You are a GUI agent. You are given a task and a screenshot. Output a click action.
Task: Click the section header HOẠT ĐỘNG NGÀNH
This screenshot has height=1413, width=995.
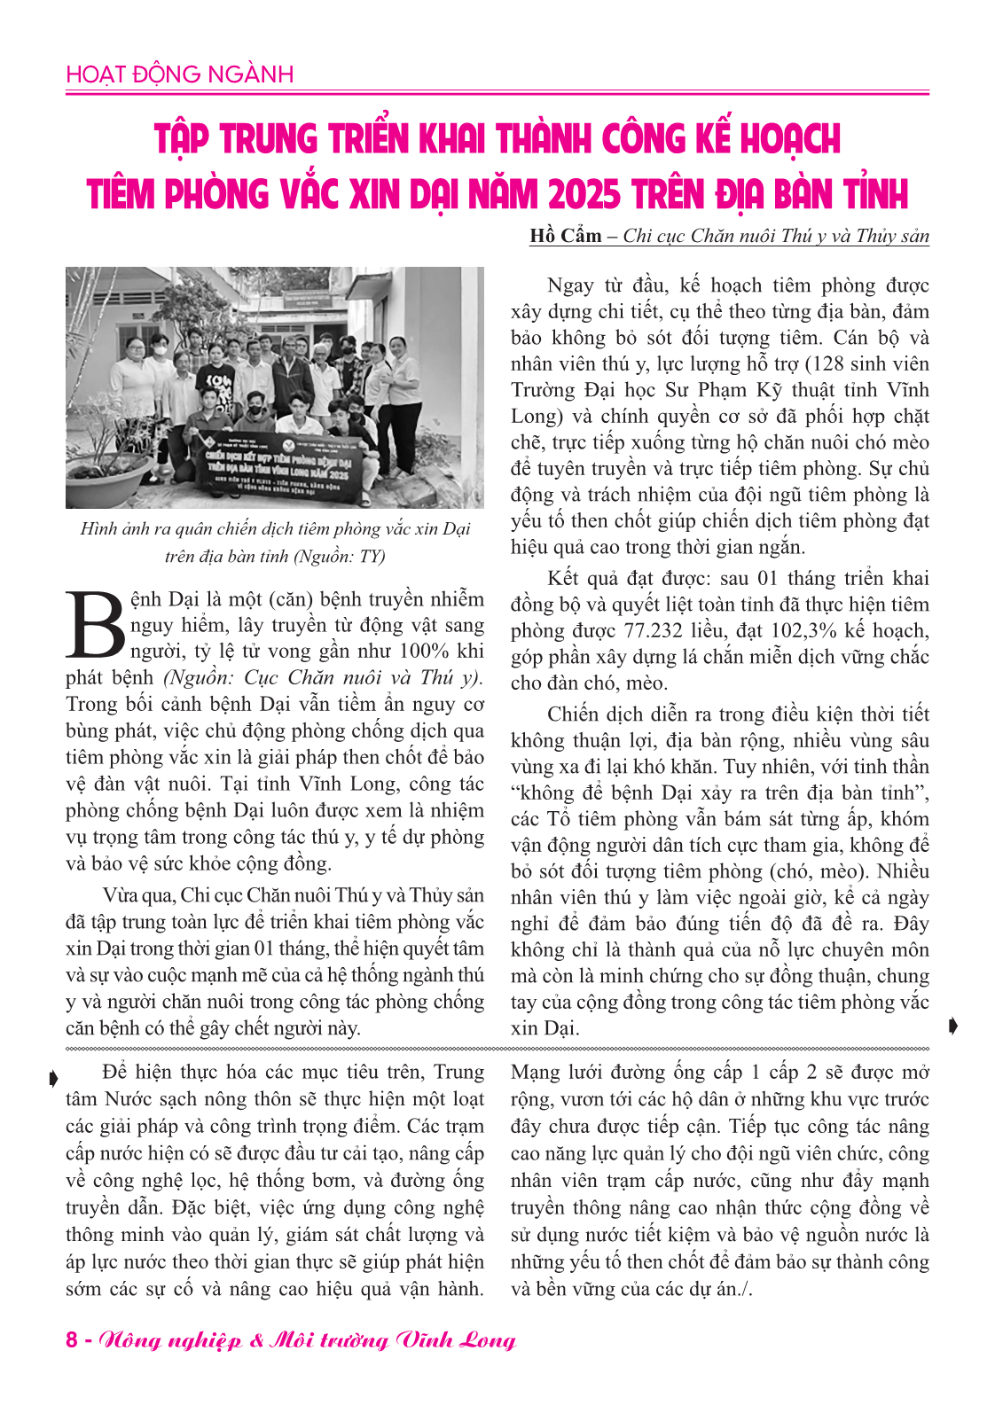click(179, 74)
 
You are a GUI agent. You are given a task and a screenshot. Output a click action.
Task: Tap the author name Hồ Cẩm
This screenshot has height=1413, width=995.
click(565, 236)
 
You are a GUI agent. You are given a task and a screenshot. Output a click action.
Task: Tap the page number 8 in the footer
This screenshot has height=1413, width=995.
click(72, 1339)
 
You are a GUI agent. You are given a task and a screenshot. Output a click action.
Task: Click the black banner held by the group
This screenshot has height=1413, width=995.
click(280, 457)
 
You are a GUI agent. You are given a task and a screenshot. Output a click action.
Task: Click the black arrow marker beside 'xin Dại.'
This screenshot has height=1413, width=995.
click(953, 1027)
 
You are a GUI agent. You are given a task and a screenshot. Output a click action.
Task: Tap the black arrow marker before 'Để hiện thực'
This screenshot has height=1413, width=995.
click(53, 1078)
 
